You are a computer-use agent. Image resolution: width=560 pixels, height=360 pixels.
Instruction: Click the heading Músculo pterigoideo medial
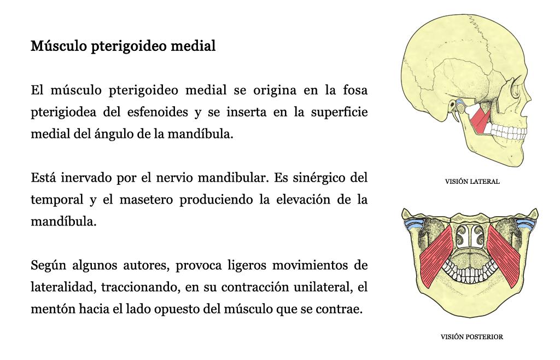123,46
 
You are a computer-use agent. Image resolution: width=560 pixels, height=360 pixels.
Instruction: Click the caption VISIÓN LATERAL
472,182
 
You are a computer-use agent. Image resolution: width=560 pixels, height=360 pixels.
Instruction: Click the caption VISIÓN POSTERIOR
472,337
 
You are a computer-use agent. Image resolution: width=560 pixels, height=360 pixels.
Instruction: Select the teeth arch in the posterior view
470,271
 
